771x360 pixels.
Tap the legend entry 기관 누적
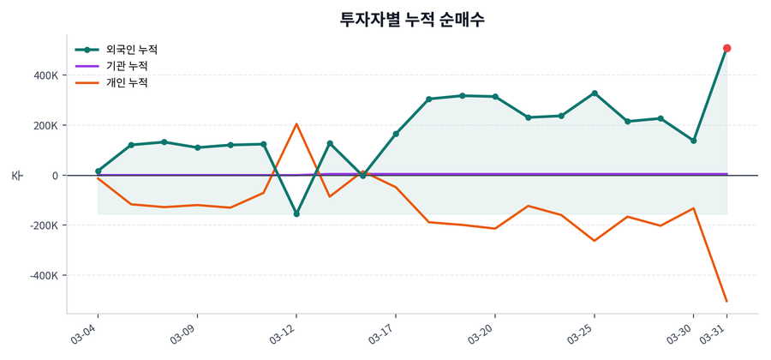click(127, 66)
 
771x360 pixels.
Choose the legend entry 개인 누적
click(127, 83)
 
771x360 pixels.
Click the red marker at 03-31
click(726, 48)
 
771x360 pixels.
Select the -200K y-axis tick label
click(40, 225)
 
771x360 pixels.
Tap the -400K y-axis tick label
click(40, 276)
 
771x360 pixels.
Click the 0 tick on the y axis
click(54, 176)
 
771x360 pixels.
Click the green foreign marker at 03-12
click(296, 213)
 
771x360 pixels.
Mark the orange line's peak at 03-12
click(296, 124)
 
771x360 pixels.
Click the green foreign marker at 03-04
click(99, 171)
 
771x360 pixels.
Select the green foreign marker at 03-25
click(595, 93)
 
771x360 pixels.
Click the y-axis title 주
click(16, 176)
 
